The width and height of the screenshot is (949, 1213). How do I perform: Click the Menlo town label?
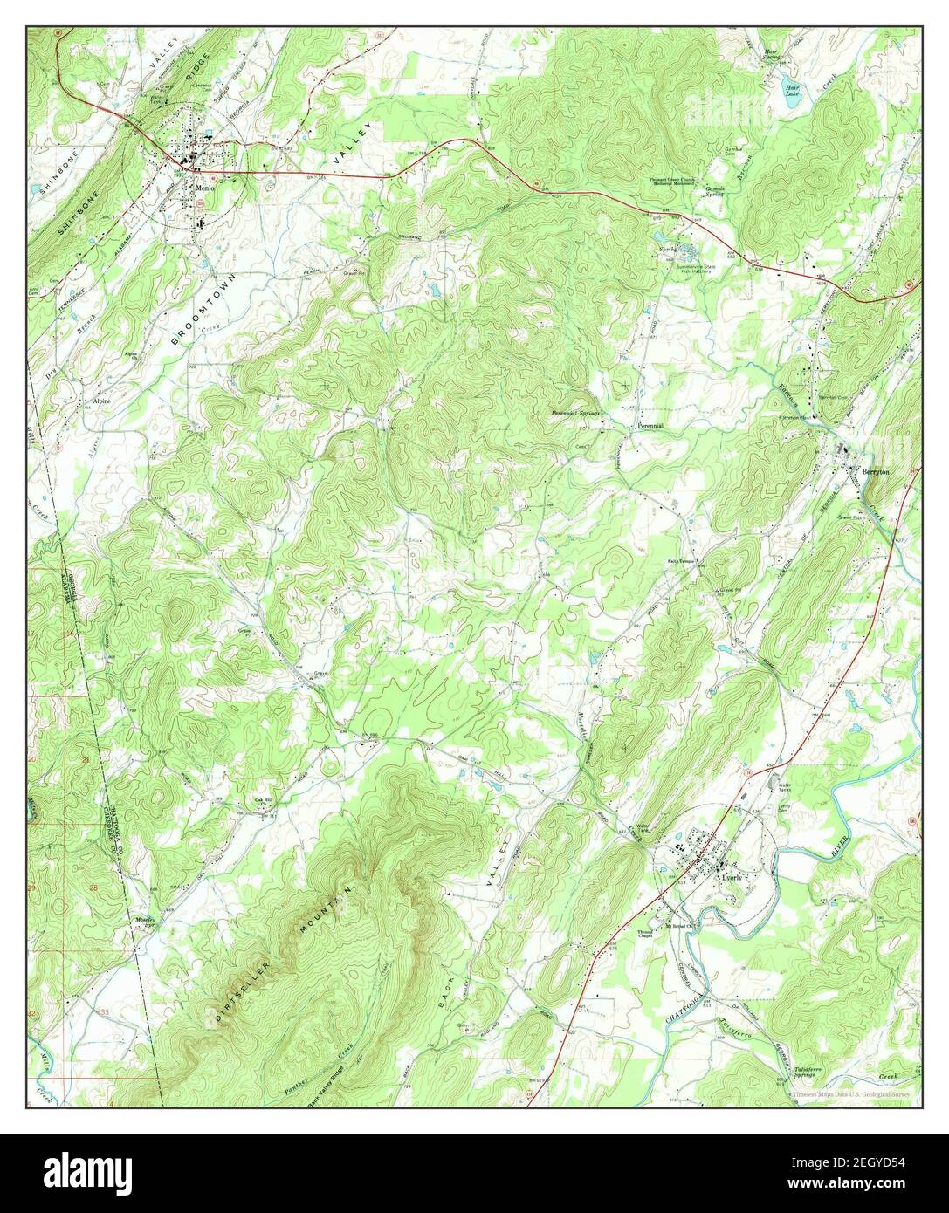tap(205, 187)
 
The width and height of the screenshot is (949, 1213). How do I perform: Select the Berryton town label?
tap(877, 470)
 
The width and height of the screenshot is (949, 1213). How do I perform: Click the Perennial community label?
tap(650, 426)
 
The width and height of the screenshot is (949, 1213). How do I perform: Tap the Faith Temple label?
tap(683, 561)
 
